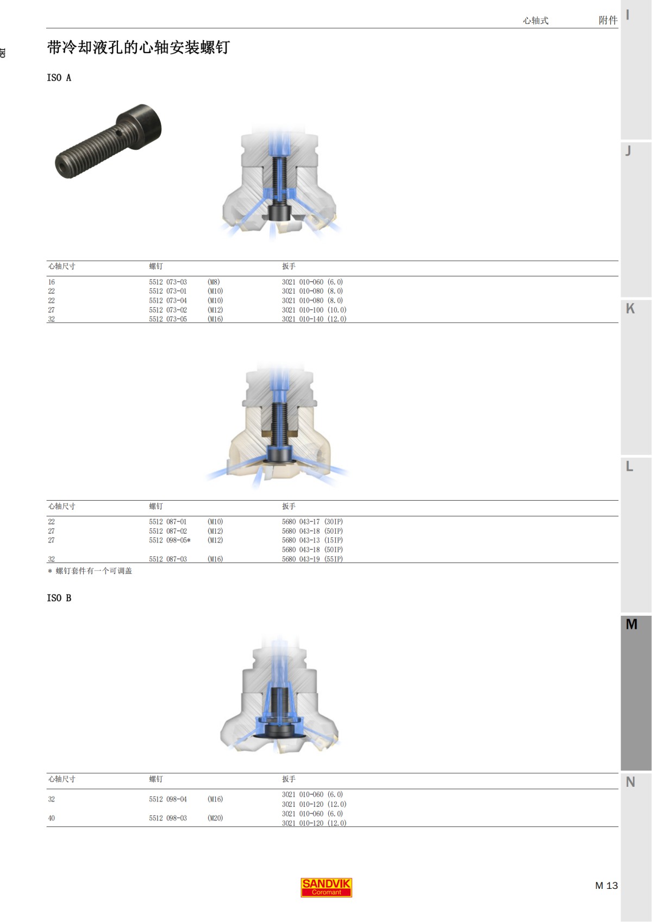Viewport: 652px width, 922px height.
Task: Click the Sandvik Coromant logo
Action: pyautogui.click(x=326, y=887)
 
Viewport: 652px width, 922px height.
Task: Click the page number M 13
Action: pyautogui.click(x=606, y=886)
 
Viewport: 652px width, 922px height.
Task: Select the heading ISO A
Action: pyautogui.click(x=59, y=78)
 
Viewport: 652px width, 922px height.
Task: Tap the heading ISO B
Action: pyautogui.click(x=59, y=598)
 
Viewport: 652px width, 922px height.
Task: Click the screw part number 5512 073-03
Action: pyautogui.click(x=168, y=282)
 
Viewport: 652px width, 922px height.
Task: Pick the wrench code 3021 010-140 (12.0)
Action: pyautogui.click(x=314, y=319)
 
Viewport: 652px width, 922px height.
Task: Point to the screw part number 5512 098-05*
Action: pyautogui.click(x=170, y=540)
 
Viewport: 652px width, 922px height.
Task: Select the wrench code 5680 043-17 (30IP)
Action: pyautogui.click(x=312, y=522)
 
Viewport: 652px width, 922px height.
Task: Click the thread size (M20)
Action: pyautogui.click(x=215, y=818)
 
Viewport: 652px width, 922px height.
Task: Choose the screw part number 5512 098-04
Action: pyautogui.click(x=168, y=799)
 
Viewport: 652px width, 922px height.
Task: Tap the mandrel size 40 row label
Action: pyautogui.click(x=52, y=818)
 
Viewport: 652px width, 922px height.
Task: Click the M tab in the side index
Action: pyautogui.click(x=631, y=624)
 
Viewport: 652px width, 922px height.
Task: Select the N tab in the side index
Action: pyautogui.click(x=630, y=782)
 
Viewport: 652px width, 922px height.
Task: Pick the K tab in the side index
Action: pyautogui.click(x=630, y=308)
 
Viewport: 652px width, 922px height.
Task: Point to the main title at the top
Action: pyautogui.click(x=139, y=48)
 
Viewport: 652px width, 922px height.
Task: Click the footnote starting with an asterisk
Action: pyautogui.click(x=90, y=571)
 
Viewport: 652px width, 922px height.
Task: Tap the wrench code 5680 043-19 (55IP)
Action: pyautogui.click(x=312, y=559)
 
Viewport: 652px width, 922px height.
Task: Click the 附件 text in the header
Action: pyautogui.click(x=607, y=20)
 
